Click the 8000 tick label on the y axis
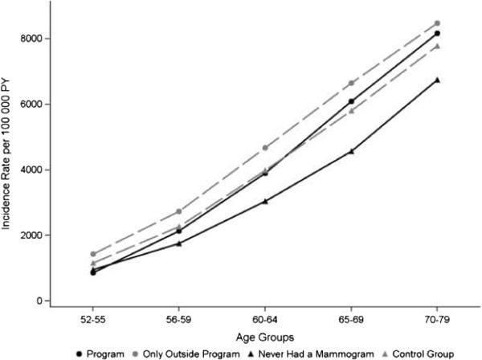(32, 39)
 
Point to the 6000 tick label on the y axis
(32, 104)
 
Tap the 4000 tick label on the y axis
(32, 170)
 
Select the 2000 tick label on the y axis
(32, 235)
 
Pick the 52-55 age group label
(93, 318)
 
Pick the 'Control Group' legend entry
(416, 353)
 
